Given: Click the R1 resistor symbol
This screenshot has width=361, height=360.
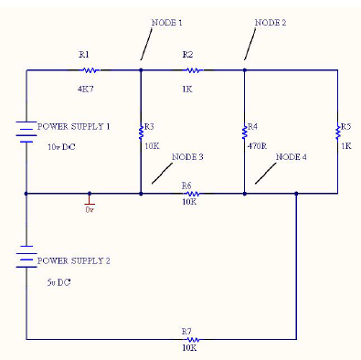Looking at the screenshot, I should click(x=90, y=69).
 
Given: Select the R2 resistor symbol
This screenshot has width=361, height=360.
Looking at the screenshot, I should click(x=192, y=69).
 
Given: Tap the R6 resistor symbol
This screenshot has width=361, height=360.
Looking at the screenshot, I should click(x=192, y=194).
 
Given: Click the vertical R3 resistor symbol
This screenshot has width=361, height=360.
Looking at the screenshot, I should click(x=141, y=129).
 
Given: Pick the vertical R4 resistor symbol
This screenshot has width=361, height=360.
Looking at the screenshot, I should click(x=245, y=129).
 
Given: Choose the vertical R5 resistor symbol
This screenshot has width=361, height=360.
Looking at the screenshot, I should click(x=338, y=129).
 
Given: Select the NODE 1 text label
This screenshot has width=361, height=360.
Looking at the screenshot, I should click(x=166, y=22).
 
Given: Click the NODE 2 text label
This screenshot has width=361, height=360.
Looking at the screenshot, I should click(x=270, y=22).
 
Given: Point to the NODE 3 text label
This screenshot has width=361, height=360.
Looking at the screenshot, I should click(x=187, y=157).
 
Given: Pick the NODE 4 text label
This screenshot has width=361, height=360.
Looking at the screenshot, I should click(x=292, y=157).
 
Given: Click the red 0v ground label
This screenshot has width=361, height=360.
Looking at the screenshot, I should click(x=90, y=210).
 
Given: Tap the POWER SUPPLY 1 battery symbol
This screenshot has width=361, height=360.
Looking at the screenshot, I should click(x=27, y=132).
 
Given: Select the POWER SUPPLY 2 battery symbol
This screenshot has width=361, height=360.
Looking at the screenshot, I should click(x=27, y=259).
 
